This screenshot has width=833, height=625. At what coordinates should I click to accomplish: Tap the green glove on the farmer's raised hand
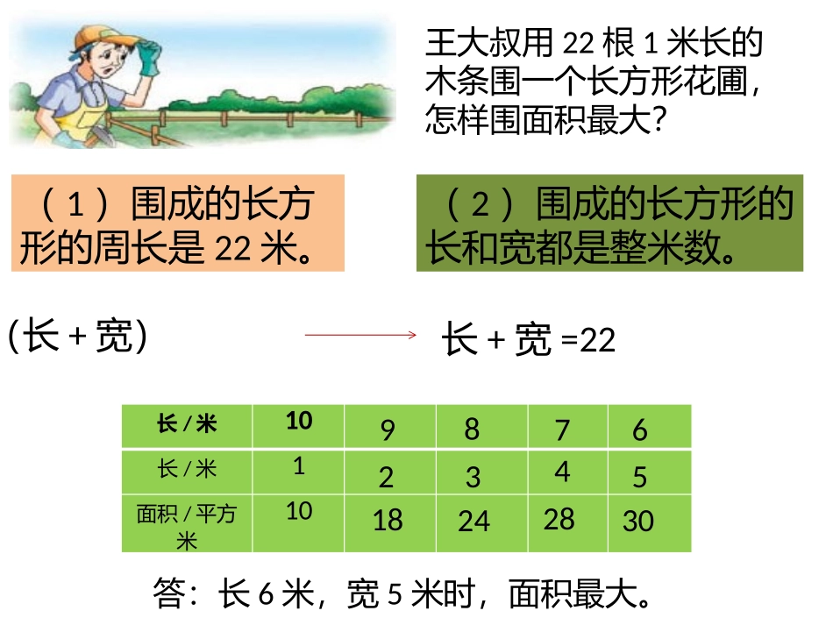[x=148, y=57]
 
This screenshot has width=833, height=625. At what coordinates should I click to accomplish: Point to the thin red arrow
[x=360, y=334]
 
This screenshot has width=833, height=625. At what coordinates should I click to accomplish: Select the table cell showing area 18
[x=388, y=521]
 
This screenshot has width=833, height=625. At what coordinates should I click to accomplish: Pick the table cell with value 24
[x=473, y=521]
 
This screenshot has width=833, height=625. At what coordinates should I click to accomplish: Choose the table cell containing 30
[x=638, y=521]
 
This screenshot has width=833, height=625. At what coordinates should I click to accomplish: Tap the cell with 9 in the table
[x=388, y=430]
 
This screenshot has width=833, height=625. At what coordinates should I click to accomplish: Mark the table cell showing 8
[x=473, y=429]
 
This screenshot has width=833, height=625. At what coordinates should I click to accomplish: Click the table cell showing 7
[x=562, y=430]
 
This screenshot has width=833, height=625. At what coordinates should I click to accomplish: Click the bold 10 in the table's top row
[x=299, y=421]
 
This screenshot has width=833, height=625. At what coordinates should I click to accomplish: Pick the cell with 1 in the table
[x=299, y=466]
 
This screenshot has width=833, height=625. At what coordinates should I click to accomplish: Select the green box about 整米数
[x=609, y=223]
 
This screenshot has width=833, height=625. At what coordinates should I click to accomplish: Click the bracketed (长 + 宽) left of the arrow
[x=77, y=335]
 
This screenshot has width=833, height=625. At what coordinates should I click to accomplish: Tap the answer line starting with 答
[x=402, y=594]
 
